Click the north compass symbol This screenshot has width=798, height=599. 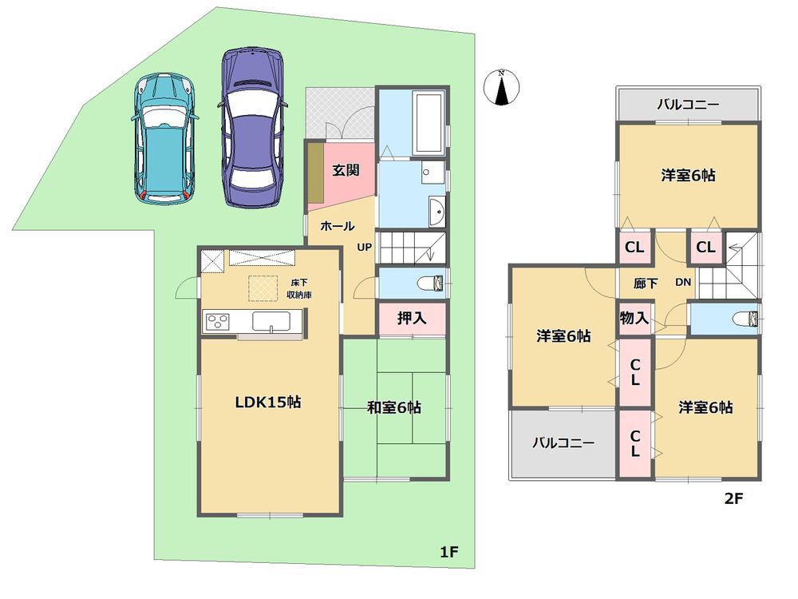[x=501, y=87]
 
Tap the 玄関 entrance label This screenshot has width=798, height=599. [x=345, y=169]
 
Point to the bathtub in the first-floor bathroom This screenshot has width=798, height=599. [x=429, y=124]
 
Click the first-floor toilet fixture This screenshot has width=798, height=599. [x=433, y=282]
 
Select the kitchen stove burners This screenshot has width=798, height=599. [x=217, y=321]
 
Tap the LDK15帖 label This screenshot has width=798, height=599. [x=267, y=403]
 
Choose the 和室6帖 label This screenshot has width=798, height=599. [x=393, y=407]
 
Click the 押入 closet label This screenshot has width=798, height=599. [x=412, y=317]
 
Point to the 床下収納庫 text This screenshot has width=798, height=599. [x=299, y=289]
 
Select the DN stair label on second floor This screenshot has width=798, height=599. [x=683, y=281]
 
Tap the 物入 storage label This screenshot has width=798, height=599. [x=634, y=318]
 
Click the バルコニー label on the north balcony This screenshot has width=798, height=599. [x=688, y=104]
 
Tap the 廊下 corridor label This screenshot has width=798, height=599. [x=646, y=281]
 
